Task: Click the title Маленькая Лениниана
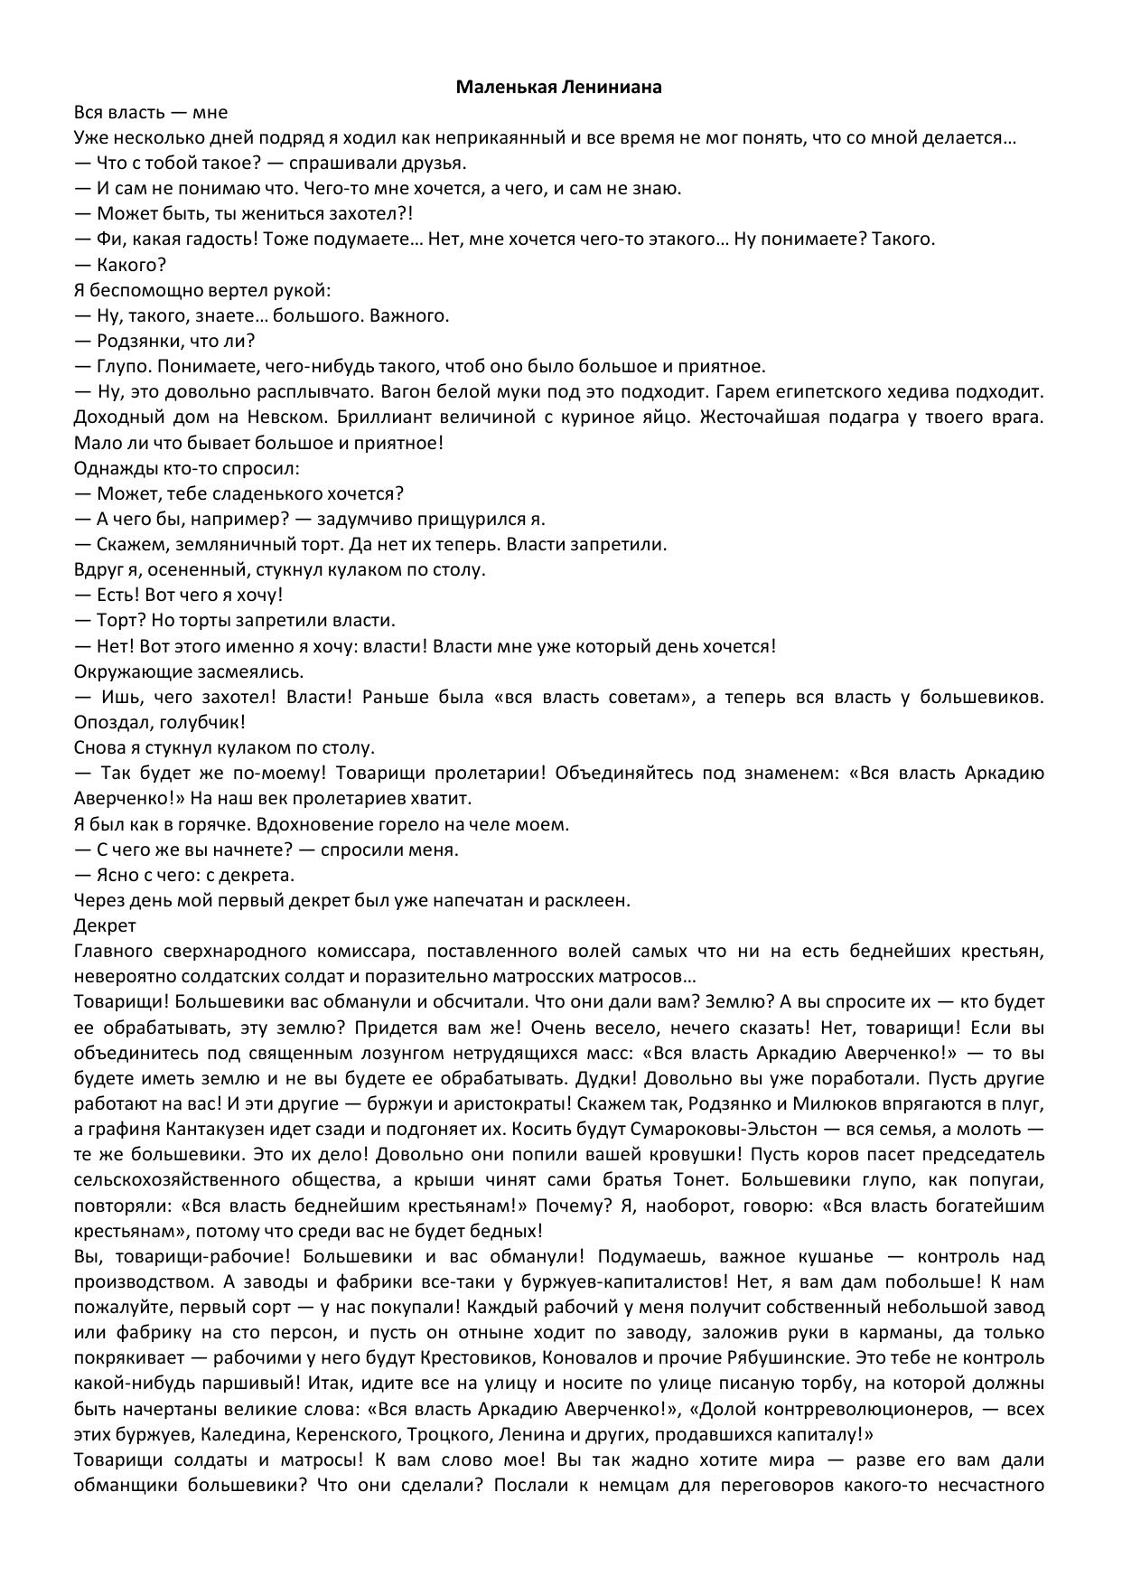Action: [558, 88]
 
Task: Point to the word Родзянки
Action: [136, 341]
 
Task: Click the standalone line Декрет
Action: [104, 925]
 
